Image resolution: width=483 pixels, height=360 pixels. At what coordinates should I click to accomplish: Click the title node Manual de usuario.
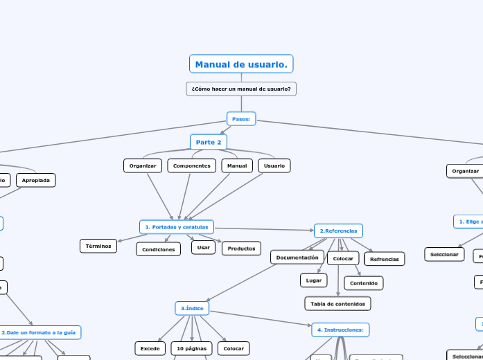[241, 64]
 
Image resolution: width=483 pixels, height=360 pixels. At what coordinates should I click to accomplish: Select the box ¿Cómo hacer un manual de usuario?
[241, 89]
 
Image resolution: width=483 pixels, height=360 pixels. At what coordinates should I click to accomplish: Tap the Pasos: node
[241, 119]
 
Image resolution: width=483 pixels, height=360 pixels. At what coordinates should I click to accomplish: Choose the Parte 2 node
[209, 142]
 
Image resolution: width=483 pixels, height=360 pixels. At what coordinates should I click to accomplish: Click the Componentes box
[192, 166]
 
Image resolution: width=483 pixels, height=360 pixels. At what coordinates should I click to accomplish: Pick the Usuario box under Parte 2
[274, 166]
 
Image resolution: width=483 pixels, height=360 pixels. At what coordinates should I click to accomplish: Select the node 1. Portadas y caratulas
[177, 226]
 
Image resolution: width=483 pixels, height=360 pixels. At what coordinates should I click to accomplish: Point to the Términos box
[98, 246]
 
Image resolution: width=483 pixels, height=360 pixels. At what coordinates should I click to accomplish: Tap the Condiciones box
[159, 249]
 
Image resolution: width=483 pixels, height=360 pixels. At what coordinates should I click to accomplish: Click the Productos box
[241, 249]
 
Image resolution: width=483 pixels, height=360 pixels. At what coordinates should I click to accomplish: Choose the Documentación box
[297, 258]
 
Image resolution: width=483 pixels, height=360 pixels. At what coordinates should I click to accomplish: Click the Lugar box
[313, 280]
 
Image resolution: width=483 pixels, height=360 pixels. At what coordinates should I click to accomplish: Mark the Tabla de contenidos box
[338, 303]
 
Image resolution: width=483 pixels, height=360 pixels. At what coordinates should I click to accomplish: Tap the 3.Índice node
[191, 308]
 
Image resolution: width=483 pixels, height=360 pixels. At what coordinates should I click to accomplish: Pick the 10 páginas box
[192, 348]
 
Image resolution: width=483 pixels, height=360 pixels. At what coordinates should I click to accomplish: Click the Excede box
[150, 348]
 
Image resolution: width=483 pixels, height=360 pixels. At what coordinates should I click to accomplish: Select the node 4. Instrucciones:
[341, 330]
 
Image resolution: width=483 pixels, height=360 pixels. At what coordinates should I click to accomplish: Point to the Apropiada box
[36, 180]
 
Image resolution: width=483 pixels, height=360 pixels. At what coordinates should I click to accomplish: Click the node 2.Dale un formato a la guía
[40, 333]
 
